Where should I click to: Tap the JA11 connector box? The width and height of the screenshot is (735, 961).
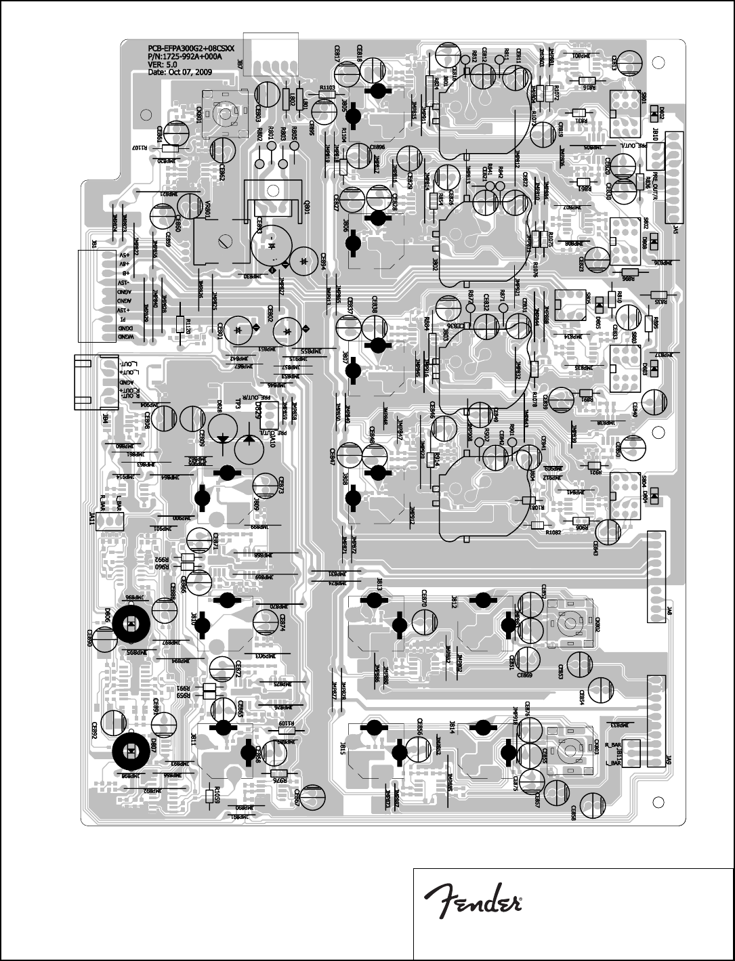click(x=108, y=520)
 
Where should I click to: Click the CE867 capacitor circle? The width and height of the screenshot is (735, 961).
click(x=313, y=795)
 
